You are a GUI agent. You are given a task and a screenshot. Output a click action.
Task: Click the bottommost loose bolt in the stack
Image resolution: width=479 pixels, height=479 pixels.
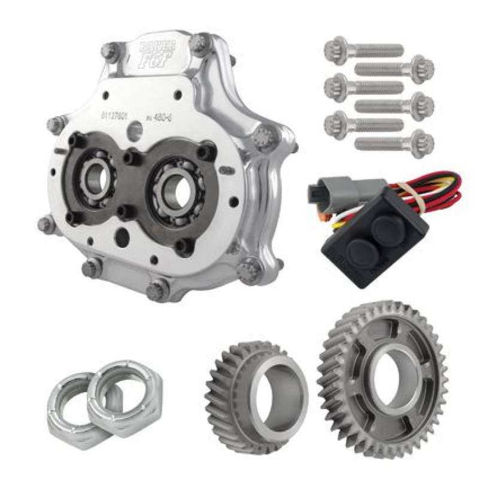pos(395,143)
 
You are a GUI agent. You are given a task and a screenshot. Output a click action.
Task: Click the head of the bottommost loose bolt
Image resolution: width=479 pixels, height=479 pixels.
pos(422,143)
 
